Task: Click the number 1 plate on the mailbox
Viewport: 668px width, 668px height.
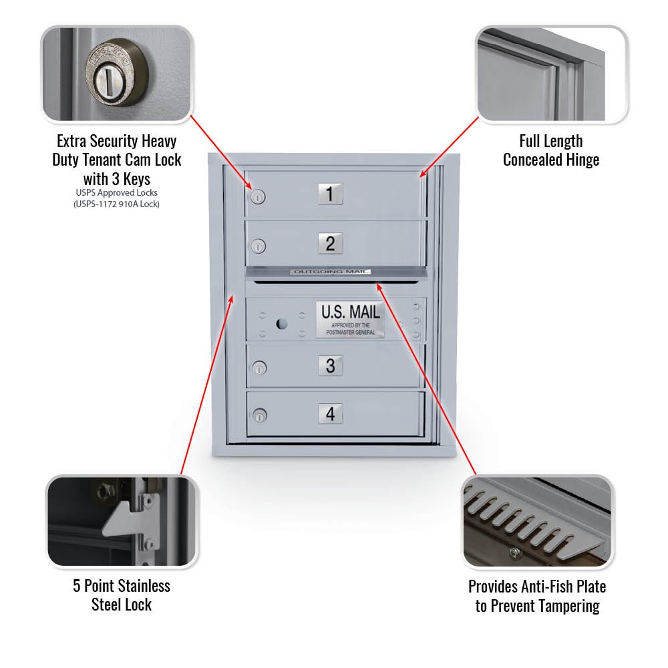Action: tap(330, 194)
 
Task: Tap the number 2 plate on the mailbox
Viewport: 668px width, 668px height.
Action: tap(330, 244)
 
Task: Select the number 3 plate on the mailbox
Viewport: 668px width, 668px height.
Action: tap(331, 365)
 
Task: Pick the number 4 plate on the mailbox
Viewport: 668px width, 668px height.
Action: tap(331, 413)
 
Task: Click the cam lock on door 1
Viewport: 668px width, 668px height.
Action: tap(258, 197)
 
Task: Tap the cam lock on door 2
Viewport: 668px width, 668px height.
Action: tap(258, 246)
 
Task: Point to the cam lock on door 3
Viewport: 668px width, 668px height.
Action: tap(259, 367)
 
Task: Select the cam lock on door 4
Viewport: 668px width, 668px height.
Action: tap(259, 415)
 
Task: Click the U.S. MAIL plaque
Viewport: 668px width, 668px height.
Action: tap(350, 320)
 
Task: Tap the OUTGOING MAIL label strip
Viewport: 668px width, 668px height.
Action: tap(331, 271)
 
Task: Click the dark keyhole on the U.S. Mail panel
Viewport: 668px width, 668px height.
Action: tap(282, 324)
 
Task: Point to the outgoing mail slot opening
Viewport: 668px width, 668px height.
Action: tap(336, 282)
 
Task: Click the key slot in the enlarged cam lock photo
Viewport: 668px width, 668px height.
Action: tap(108, 81)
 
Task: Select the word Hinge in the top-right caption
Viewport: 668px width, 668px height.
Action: tap(582, 160)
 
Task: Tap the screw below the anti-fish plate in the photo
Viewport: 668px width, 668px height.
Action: tap(514, 553)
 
